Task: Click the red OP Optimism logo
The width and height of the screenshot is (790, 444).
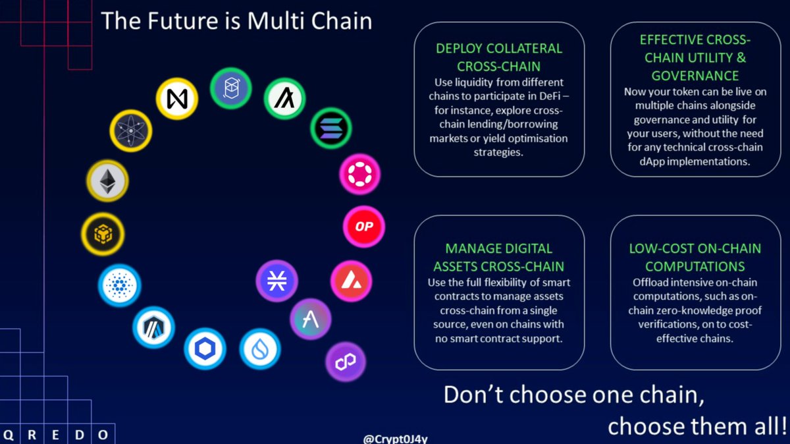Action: tap(363, 227)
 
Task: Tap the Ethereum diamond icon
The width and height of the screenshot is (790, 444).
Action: tap(107, 180)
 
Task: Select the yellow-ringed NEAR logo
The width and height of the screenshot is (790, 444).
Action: tap(176, 99)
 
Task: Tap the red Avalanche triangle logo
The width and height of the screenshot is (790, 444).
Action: tap(351, 280)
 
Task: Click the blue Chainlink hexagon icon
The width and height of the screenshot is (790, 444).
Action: tap(205, 349)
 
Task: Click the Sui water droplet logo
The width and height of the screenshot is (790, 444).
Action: tap(260, 349)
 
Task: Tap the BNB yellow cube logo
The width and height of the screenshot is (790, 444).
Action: tap(102, 233)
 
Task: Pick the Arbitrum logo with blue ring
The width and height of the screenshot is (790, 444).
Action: tap(153, 326)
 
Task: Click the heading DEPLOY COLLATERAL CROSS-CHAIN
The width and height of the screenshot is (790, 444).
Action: tap(499, 58)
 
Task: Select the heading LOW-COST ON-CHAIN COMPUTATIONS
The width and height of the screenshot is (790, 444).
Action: tap(695, 258)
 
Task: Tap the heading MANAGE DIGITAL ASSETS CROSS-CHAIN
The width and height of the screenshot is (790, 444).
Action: tap(498, 258)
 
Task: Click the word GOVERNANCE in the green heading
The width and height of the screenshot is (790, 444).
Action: tap(695, 76)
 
